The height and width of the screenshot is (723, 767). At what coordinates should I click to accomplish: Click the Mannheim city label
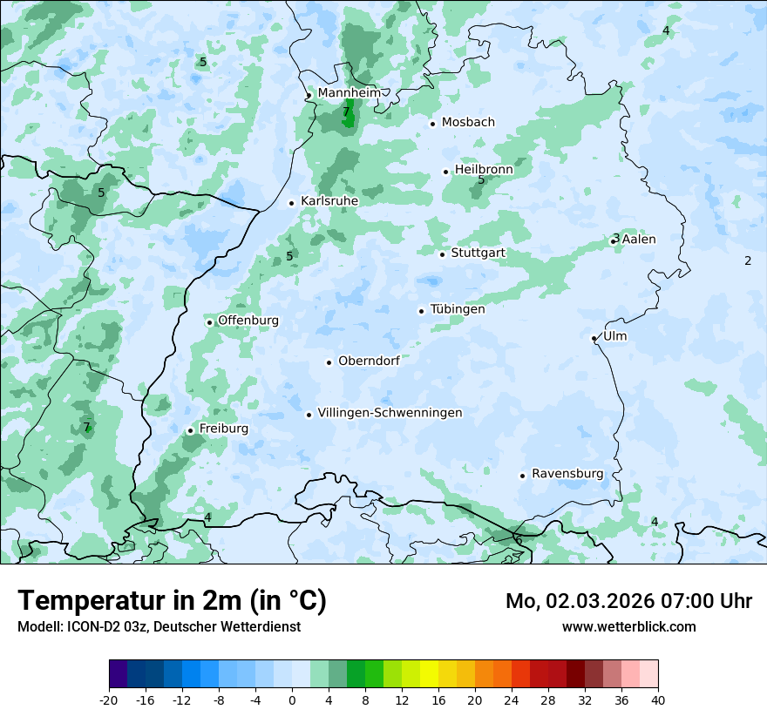(x=349, y=92)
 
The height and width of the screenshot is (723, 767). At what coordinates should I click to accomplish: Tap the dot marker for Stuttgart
(x=443, y=254)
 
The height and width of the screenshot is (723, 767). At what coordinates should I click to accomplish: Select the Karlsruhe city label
(x=329, y=200)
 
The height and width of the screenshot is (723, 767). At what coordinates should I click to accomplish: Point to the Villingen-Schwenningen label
(x=390, y=413)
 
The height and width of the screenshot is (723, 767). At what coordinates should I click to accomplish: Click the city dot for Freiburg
(x=190, y=430)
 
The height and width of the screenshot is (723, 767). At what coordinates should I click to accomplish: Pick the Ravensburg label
(x=567, y=474)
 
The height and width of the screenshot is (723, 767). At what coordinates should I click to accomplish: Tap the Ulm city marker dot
(x=594, y=338)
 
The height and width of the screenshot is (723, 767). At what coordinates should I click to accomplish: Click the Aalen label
(x=639, y=239)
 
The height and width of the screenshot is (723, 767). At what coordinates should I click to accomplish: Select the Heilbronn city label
(x=484, y=169)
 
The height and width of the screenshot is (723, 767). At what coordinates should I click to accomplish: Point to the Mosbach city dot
(x=432, y=124)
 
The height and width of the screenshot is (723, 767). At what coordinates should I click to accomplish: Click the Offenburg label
(x=248, y=321)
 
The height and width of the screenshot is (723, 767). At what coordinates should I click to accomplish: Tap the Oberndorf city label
(x=369, y=361)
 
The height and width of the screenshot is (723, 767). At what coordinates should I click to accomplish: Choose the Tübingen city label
(x=458, y=309)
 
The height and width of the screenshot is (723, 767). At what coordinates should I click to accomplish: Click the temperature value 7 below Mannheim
(x=346, y=111)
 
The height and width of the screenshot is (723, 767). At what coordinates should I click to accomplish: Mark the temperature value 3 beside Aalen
(x=615, y=238)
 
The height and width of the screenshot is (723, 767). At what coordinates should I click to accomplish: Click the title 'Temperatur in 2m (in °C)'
(x=172, y=600)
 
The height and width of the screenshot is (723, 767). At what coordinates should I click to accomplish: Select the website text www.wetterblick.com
(x=628, y=626)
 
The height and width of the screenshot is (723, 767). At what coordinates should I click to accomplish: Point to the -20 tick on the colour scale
(x=109, y=699)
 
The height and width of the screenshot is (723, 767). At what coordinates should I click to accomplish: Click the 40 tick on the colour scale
(x=658, y=699)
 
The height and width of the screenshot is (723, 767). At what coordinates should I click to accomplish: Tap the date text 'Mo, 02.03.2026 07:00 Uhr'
(x=628, y=601)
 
